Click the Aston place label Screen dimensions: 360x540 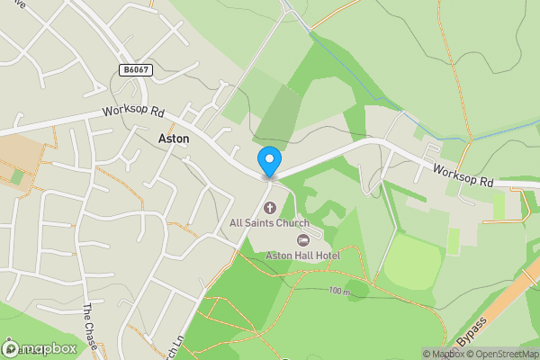coord(174,139)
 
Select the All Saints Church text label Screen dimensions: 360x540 coord(269,223)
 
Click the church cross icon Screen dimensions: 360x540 coord(269,209)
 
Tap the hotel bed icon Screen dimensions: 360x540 coord(302,240)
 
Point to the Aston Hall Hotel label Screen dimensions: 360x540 coord(302,256)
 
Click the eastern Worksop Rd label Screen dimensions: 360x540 coord(463,175)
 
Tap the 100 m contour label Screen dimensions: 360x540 coord(338,292)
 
